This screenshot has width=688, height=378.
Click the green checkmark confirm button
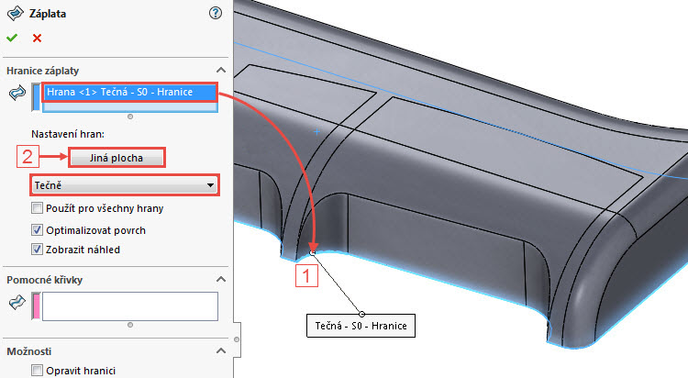(12, 38)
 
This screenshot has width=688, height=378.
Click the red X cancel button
(37, 38)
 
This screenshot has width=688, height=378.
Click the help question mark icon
(216, 13)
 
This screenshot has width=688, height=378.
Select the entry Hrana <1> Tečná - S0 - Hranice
(128, 92)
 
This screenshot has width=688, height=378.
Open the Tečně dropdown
(123, 184)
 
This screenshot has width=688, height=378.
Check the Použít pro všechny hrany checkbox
(37, 209)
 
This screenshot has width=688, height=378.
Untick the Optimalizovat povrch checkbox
(37, 229)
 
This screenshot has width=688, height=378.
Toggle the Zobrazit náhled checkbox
(37, 249)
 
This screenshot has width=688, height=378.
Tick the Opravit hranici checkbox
(37, 371)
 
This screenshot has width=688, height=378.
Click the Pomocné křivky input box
(129, 306)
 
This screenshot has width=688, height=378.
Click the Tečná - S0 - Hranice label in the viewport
(361, 325)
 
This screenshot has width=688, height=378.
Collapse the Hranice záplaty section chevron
(220, 71)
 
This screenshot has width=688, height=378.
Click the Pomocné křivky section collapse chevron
(220, 279)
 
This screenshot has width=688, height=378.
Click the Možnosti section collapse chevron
(220, 351)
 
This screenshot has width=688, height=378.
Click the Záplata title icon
(16, 13)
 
